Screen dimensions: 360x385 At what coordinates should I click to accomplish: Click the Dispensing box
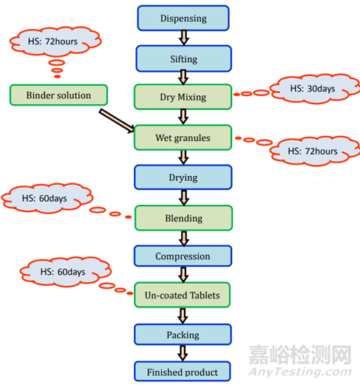pyautogui.click(x=183, y=18)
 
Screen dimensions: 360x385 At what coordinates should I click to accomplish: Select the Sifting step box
pyautogui.click(x=183, y=58)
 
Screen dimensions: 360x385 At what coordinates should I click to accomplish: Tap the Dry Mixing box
pyautogui.click(x=183, y=97)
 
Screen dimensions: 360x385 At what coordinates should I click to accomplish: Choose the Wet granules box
pyautogui.click(x=183, y=137)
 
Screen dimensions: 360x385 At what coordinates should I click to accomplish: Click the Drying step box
pyautogui.click(x=183, y=177)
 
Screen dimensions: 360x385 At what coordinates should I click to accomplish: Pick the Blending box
pyautogui.click(x=183, y=218)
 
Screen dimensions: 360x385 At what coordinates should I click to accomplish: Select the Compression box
pyautogui.click(x=183, y=256)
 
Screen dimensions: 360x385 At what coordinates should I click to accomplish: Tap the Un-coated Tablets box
pyautogui.click(x=183, y=295)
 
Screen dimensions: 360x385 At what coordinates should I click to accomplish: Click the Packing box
pyautogui.click(x=183, y=335)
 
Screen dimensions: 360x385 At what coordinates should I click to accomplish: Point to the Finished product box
pyautogui.click(x=183, y=372)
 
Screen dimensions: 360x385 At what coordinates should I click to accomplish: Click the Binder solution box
pyautogui.click(x=58, y=95)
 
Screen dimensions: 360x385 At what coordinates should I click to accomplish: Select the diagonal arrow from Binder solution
pyautogui.click(x=117, y=121)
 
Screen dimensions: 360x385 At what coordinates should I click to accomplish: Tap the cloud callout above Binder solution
pyautogui.click(x=55, y=41)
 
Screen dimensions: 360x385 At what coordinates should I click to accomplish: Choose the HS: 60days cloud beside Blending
pyautogui.click(x=47, y=198)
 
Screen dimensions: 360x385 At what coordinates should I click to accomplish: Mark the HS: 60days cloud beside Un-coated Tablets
pyautogui.click(x=65, y=272)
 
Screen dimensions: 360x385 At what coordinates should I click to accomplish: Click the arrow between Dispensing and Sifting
pyautogui.click(x=184, y=38)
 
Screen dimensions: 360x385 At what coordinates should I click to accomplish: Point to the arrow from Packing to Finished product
pyautogui.click(x=183, y=353)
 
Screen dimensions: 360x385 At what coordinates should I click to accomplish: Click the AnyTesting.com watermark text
pyautogui.click(x=300, y=372)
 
